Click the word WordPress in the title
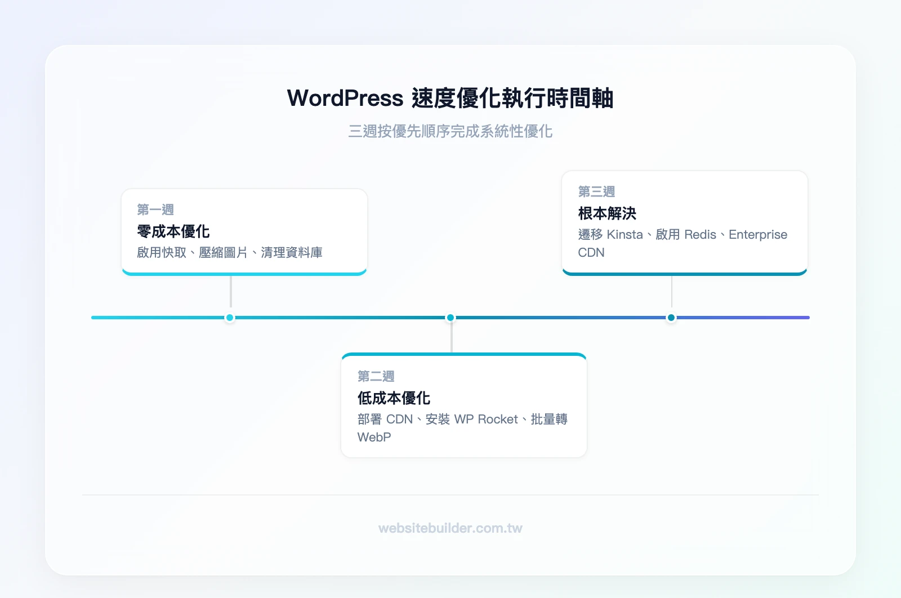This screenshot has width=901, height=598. click(345, 99)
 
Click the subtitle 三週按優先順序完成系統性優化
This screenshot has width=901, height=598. click(450, 131)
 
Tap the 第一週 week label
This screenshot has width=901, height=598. click(155, 210)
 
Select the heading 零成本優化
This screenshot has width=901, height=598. click(173, 231)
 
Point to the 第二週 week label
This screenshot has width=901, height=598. click(376, 376)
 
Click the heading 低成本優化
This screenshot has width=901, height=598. click(394, 398)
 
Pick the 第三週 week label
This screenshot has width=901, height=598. click(596, 192)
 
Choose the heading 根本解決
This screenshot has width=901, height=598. click(607, 213)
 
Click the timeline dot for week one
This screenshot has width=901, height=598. click(230, 318)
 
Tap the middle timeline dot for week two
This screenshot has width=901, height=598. click(450, 318)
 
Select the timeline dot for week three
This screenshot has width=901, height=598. click(671, 318)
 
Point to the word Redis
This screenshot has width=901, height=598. click(700, 235)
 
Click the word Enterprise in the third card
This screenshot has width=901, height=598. click(758, 235)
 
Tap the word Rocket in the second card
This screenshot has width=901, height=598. click(498, 420)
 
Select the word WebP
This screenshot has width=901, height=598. click(374, 438)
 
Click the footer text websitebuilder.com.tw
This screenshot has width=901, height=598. click(450, 528)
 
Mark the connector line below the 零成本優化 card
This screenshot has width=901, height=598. click(231, 292)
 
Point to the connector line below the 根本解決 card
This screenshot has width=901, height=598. click(672, 292)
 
